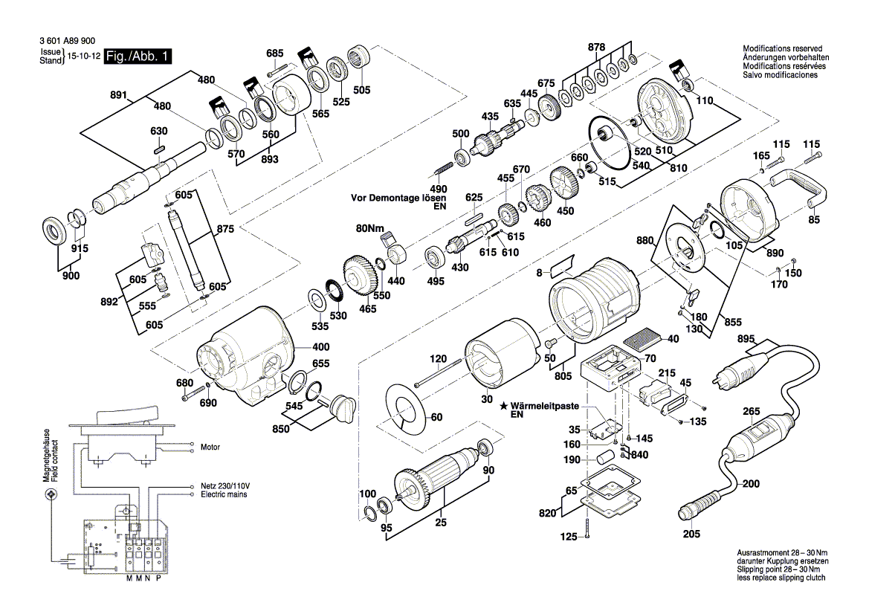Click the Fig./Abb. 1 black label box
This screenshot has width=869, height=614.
click(x=138, y=56)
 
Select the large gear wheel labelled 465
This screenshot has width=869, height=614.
click(x=361, y=276)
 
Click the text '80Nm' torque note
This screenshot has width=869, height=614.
click(x=369, y=227)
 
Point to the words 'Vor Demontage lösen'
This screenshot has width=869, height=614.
click(x=398, y=198)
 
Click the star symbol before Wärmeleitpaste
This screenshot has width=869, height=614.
click(x=503, y=407)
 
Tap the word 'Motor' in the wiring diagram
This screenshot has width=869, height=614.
click(x=211, y=447)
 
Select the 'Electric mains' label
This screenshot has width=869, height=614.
click(x=224, y=494)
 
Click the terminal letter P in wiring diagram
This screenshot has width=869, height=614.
click(x=158, y=578)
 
